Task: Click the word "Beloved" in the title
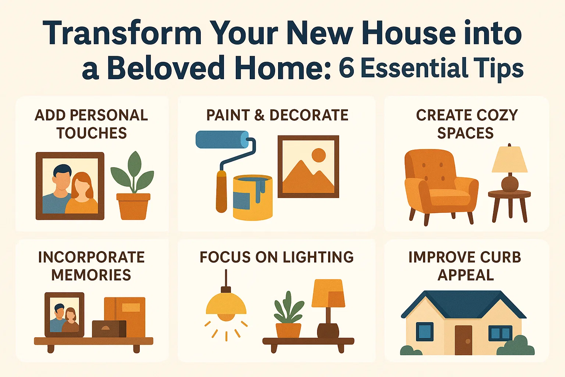(x=166, y=68)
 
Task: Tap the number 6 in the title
(x=346, y=68)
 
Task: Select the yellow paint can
(x=252, y=197)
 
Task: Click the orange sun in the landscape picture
(x=318, y=155)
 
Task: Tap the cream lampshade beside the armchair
(x=509, y=160)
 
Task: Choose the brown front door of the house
(x=463, y=339)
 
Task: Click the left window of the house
(x=424, y=331)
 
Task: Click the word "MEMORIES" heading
(x=91, y=275)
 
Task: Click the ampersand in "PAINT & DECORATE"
(x=259, y=115)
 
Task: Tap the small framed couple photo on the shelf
(x=64, y=315)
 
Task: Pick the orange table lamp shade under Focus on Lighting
(x=328, y=293)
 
